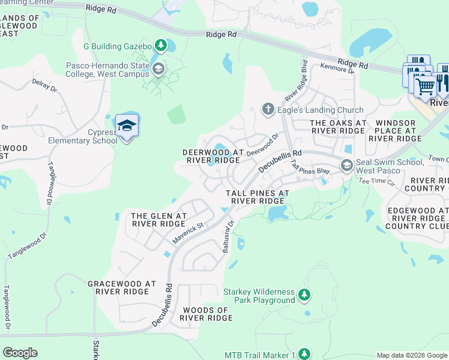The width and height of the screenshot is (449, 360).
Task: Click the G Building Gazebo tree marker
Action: tap(160, 44)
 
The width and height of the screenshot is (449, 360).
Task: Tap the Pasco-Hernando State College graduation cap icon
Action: tap(158, 68)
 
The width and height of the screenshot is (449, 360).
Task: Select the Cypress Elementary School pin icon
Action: tap(127, 126)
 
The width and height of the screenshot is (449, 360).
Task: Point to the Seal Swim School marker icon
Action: tap(346, 164)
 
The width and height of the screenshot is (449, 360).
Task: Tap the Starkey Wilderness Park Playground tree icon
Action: tap(305, 295)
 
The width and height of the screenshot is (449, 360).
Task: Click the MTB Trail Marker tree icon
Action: tap(305, 354)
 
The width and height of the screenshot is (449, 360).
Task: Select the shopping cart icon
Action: tap(425, 85)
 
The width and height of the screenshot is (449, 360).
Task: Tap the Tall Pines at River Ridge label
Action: tap(258, 197)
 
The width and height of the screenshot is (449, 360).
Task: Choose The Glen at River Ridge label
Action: tap(159, 220)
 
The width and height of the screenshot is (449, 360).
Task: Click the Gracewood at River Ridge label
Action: tap(122, 287)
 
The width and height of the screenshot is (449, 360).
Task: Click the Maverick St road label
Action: tap(189, 233)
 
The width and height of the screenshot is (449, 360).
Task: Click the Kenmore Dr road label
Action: tap(338, 69)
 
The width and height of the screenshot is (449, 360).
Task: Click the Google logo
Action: tap(20, 353)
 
